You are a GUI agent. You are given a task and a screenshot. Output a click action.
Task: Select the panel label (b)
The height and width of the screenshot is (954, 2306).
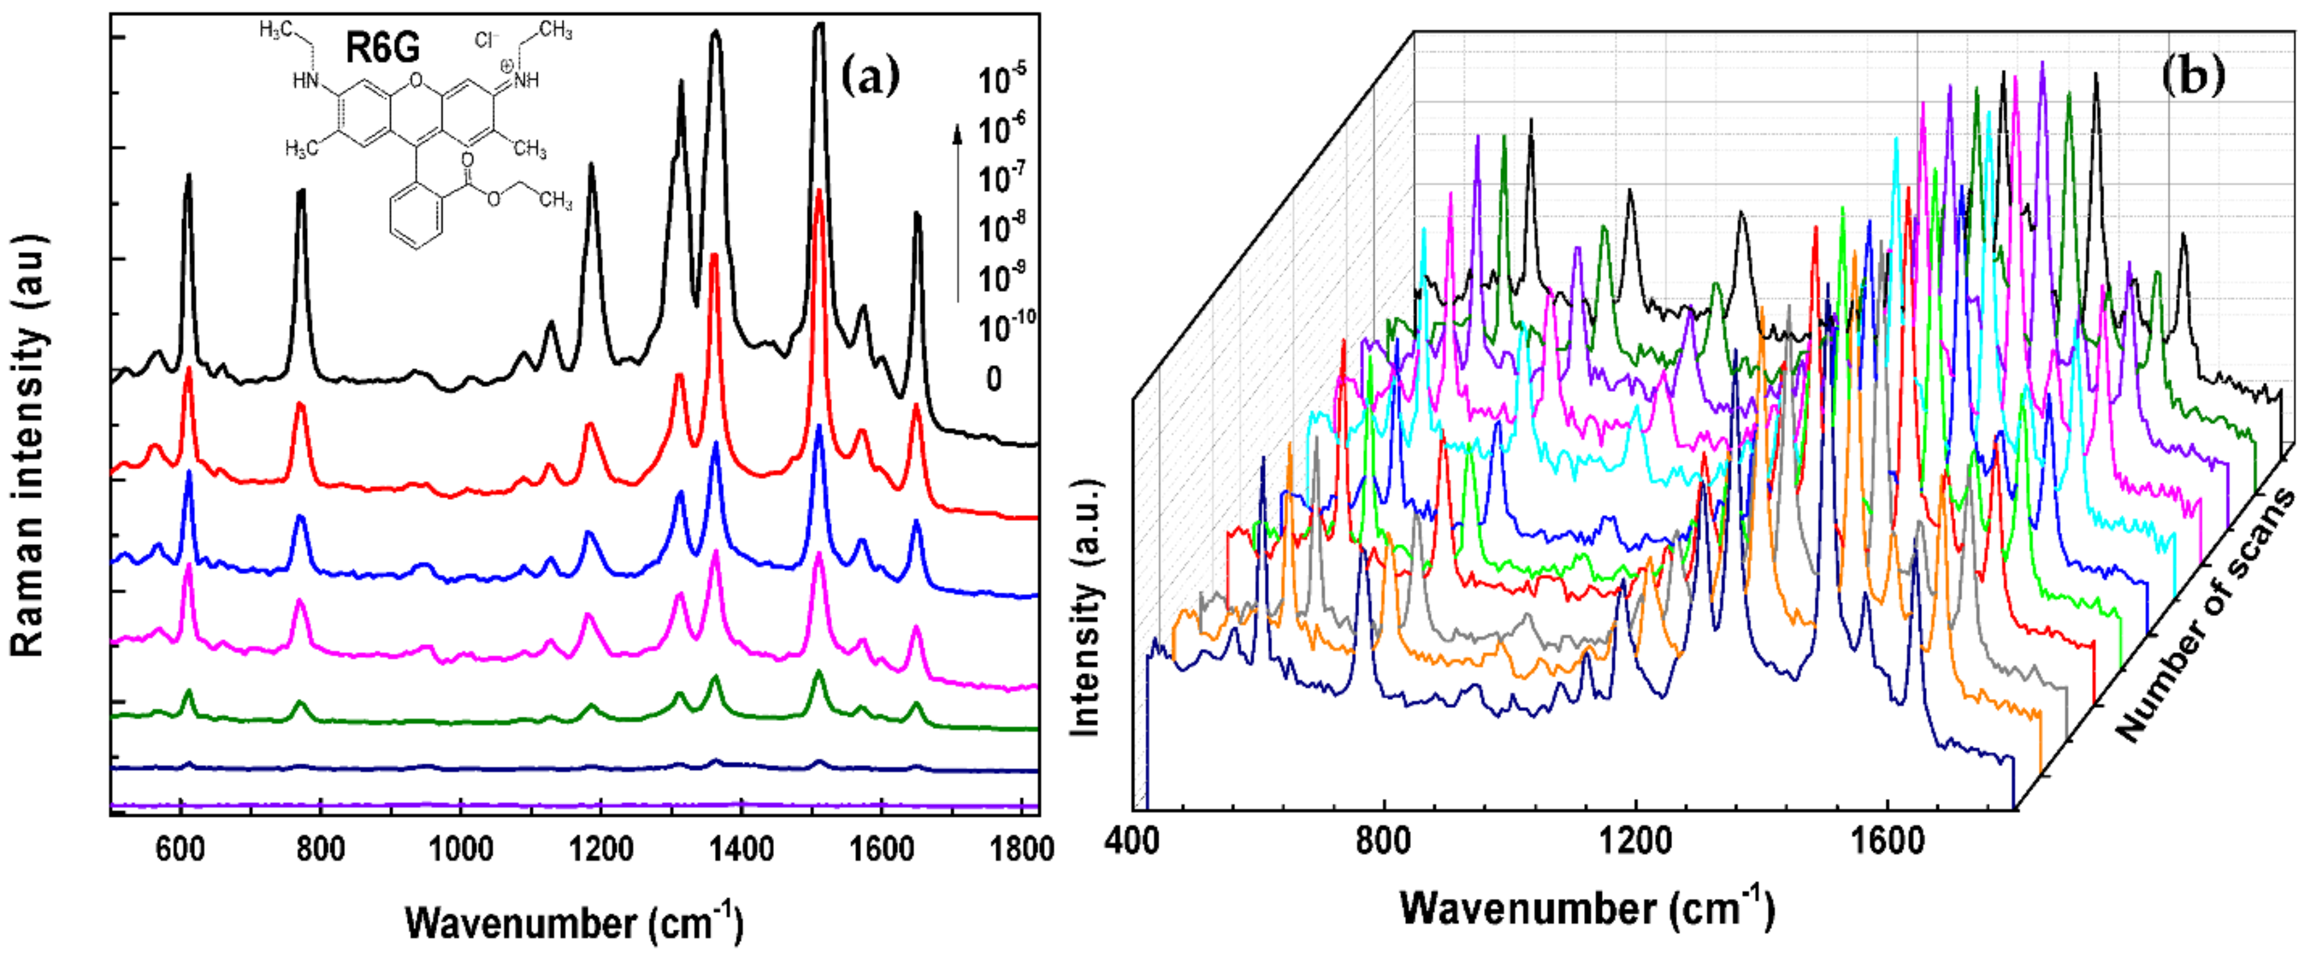point(2192,75)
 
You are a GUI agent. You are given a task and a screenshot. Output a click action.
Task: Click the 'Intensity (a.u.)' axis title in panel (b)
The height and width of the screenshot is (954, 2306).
point(1085,609)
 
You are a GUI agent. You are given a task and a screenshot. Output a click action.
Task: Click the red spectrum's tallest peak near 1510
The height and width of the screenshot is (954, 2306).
point(818,192)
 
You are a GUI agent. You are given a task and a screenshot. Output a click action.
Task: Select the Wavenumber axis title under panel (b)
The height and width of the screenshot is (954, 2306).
point(1586,908)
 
